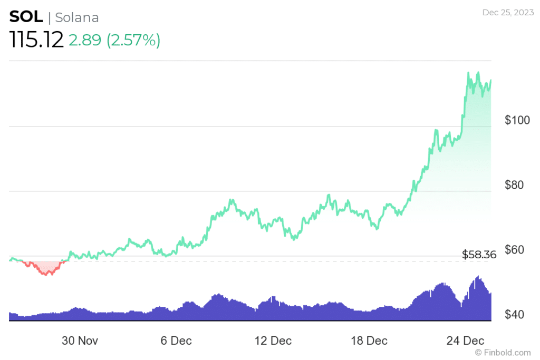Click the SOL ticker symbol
pyautogui.click(x=26, y=17)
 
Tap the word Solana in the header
pyautogui.click(x=77, y=17)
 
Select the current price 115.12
pyautogui.click(x=36, y=40)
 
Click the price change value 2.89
pyautogui.click(x=84, y=40)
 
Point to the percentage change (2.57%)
pyautogui.click(x=133, y=40)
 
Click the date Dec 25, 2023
pyautogui.click(x=507, y=12)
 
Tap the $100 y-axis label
pyautogui.click(x=517, y=120)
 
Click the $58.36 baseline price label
pyautogui.click(x=479, y=255)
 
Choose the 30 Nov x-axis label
pyautogui.click(x=80, y=340)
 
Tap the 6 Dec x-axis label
pyautogui.click(x=176, y=340)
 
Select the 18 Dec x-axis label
pyautogui.click(x=369, y=340)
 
